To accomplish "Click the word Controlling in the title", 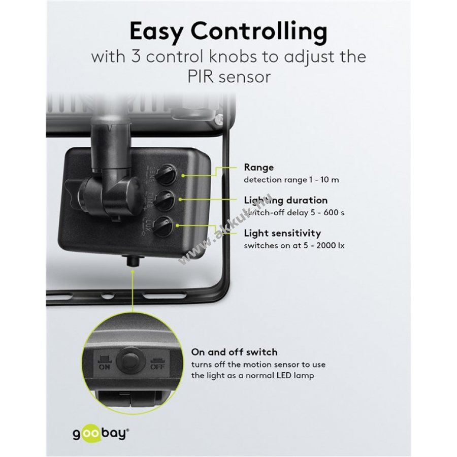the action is point(259,32).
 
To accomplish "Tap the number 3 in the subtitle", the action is point(137,56).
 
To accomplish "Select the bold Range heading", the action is point(259,168).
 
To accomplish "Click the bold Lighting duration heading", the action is point(286,200).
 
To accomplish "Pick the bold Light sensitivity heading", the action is point(282,233).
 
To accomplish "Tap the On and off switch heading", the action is point(234,352).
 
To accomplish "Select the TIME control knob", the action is point(165,200).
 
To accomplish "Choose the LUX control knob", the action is point(164,225).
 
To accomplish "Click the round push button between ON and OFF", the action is point(131,362).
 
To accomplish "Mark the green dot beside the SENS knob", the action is point(183,175).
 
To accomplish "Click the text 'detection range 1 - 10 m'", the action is point(291,180).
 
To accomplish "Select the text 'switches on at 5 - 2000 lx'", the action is point(294,246).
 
